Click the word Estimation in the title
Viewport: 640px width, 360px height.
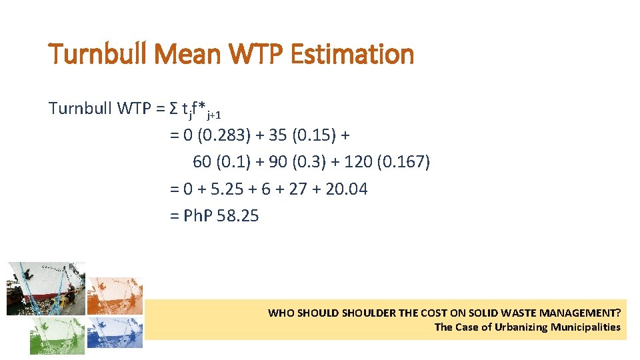click(353, 54)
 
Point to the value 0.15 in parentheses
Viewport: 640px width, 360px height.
click(312, 135)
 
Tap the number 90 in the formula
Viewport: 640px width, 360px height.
click(293, 162)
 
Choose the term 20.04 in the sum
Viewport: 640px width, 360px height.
click(347, 189)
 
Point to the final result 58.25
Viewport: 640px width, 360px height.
click(238, 216)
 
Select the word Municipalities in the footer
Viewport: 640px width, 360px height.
click(585, 327)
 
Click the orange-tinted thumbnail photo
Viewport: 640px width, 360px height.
click(115, 295)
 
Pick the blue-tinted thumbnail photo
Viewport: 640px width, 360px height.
click(115, 333)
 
